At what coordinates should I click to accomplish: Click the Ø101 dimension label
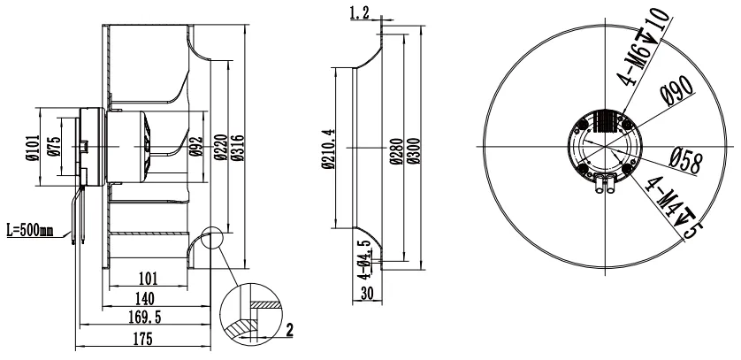32,147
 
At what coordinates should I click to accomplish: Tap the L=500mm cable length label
30,231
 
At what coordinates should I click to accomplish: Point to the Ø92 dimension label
195,147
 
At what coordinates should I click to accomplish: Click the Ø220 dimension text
221,148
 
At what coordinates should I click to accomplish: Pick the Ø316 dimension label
238,148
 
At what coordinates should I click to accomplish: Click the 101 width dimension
148,279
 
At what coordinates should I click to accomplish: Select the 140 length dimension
145,299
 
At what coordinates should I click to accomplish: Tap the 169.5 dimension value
145,318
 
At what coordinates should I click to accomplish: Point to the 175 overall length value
142,339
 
